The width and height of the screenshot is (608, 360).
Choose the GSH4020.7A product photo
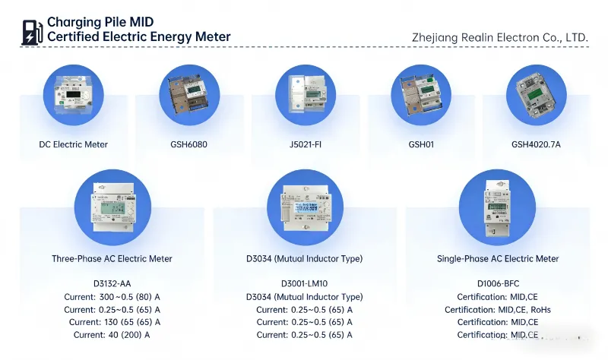pos(537,96)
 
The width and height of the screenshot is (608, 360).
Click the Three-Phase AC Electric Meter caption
pos(112,259)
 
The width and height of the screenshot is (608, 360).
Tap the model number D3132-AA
pos(112,284)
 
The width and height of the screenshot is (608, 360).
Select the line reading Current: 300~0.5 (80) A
pos(112,297)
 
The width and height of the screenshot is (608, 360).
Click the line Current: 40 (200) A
pos(112,334)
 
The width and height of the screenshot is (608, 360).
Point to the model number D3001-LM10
pos(304,284)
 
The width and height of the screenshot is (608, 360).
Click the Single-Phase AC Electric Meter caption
pos(498,259)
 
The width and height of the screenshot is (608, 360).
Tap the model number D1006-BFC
pos(498,284)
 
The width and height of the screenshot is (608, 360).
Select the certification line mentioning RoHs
pos(498,310)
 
